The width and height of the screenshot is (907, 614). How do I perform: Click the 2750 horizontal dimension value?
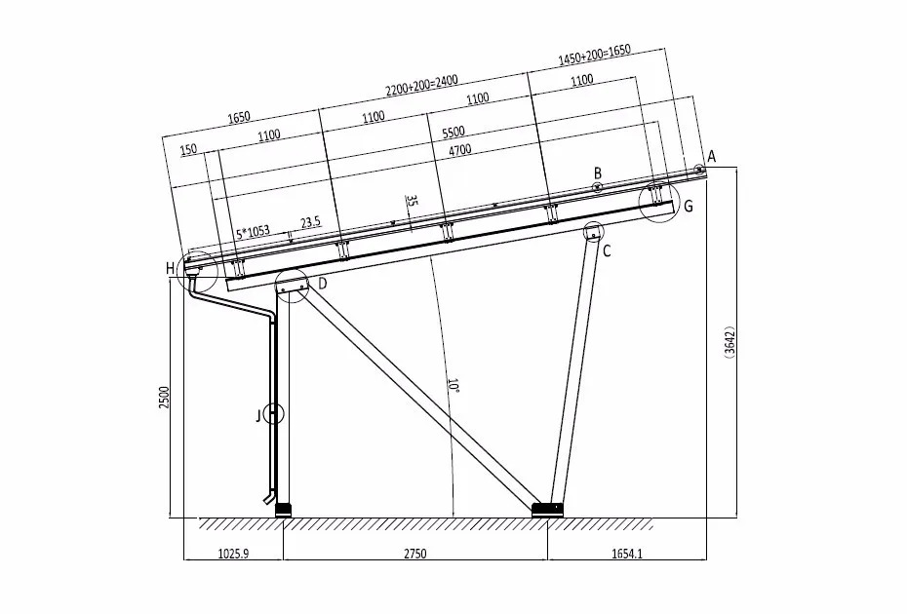pos(414,554)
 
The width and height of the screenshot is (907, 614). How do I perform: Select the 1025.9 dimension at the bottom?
pos(233,554)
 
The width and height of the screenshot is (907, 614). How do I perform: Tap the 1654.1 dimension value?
pos(627,554)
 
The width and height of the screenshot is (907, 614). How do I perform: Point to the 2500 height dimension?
pos(164,398)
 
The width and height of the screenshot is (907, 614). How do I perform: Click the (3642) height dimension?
pos(730,342)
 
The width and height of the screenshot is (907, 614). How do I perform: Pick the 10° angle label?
pos(454,386)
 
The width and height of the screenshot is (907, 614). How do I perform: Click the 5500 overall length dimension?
pos(453,133)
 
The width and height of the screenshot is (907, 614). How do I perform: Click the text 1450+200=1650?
pos(594,55)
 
